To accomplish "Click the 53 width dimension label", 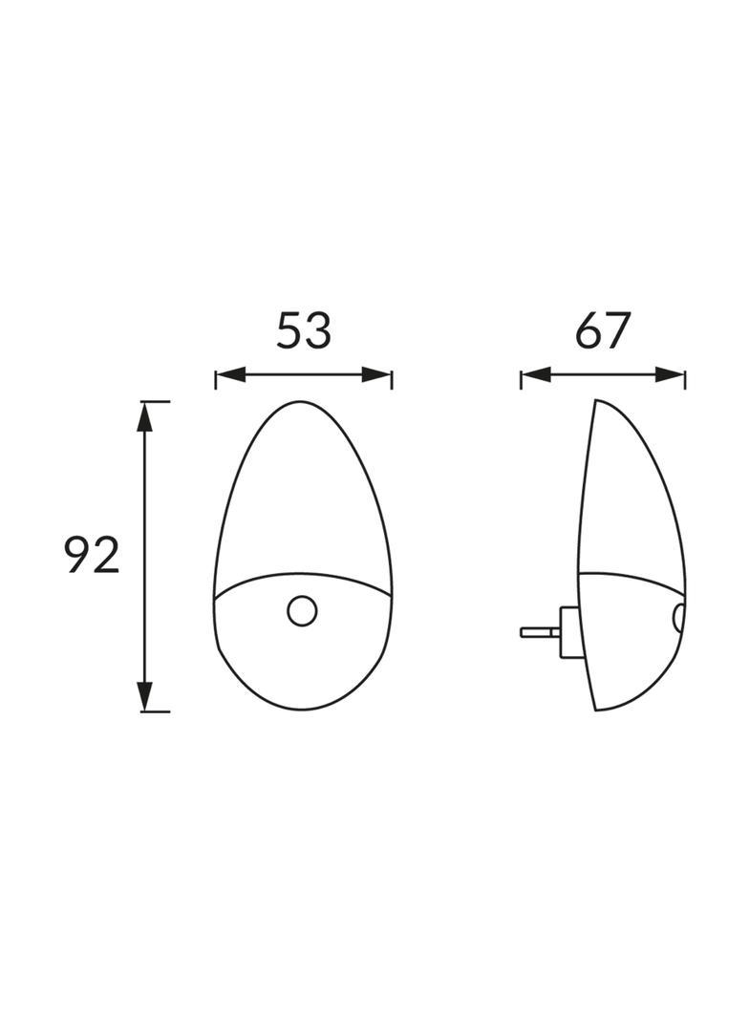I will click(304, 330).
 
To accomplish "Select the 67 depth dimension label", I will click(603, 330).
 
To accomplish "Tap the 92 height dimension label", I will click(93, 556).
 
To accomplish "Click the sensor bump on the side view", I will click(679, 617).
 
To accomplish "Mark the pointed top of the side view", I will click(597, 401).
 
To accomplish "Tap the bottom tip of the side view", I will click(597, 710).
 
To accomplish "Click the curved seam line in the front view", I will click(303, 574).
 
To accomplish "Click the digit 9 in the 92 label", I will click(78, 556).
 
